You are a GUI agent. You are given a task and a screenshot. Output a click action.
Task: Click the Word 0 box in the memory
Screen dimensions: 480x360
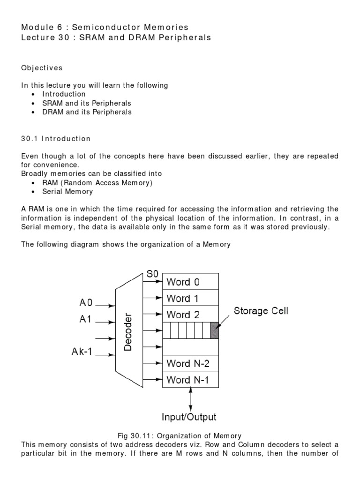(190, 282)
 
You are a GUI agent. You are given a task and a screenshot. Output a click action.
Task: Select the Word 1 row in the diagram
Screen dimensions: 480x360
(190, 299)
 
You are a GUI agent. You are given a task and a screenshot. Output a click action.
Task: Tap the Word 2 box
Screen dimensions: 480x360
(190, 315)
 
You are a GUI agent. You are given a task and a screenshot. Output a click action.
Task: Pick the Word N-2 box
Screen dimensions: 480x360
(190, 363)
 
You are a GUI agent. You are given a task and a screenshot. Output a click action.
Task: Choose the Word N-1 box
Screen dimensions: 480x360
(190, 379)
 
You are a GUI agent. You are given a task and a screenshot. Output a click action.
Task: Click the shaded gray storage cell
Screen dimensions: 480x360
(215, 331)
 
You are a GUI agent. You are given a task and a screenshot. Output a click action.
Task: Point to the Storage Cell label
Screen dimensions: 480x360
(261, 310)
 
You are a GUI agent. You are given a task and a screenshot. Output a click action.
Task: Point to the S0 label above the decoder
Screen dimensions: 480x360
(152, 274)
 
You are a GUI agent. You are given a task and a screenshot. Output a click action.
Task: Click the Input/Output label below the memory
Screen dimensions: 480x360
(189, 416)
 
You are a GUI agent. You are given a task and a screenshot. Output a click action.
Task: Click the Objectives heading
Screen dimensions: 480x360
(42, 68)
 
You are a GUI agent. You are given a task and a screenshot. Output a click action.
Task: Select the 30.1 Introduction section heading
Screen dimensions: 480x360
(56, 139)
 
